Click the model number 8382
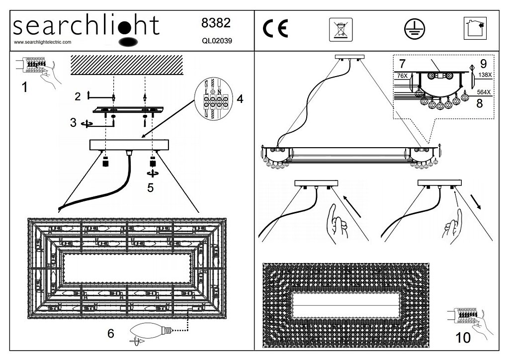point(216,23)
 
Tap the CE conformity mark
point(275,29)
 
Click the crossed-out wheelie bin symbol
point(340,29)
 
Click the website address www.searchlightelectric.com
point(42,42)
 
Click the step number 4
point(240,99)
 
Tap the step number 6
point(110,333)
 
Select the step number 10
point(462,338)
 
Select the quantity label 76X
point(402,76)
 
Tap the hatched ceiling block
point(127,65)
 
